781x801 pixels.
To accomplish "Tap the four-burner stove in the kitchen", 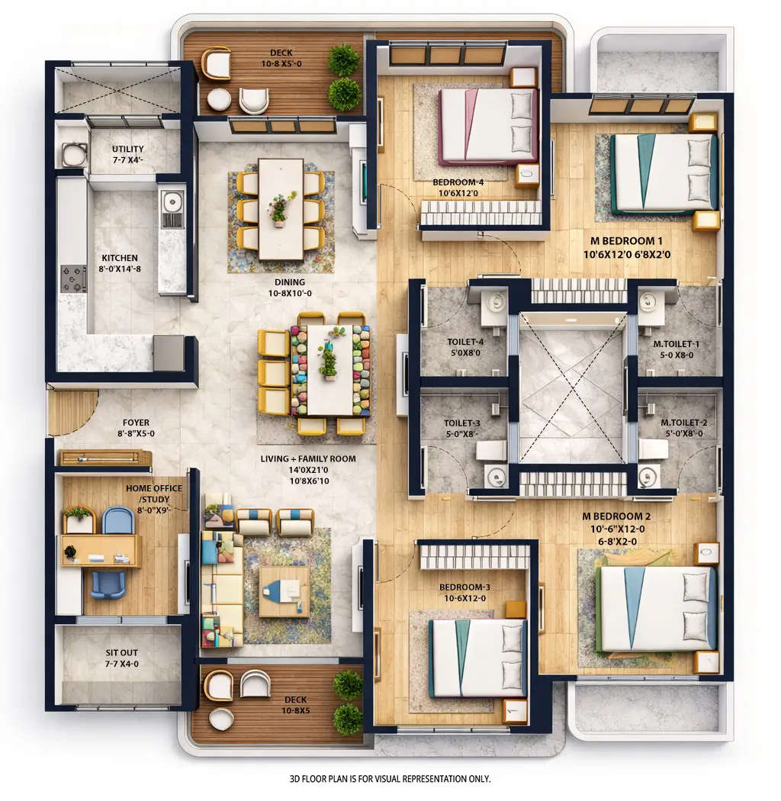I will [74, 278].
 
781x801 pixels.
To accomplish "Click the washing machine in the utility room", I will [74, 155].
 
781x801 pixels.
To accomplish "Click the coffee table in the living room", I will [284, 590].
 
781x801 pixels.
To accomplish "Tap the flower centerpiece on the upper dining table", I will [280, 207].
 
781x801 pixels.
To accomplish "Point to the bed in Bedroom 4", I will [488, 126].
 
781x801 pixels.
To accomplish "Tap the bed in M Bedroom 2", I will [656, 608].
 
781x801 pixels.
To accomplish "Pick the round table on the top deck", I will [219, 99].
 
